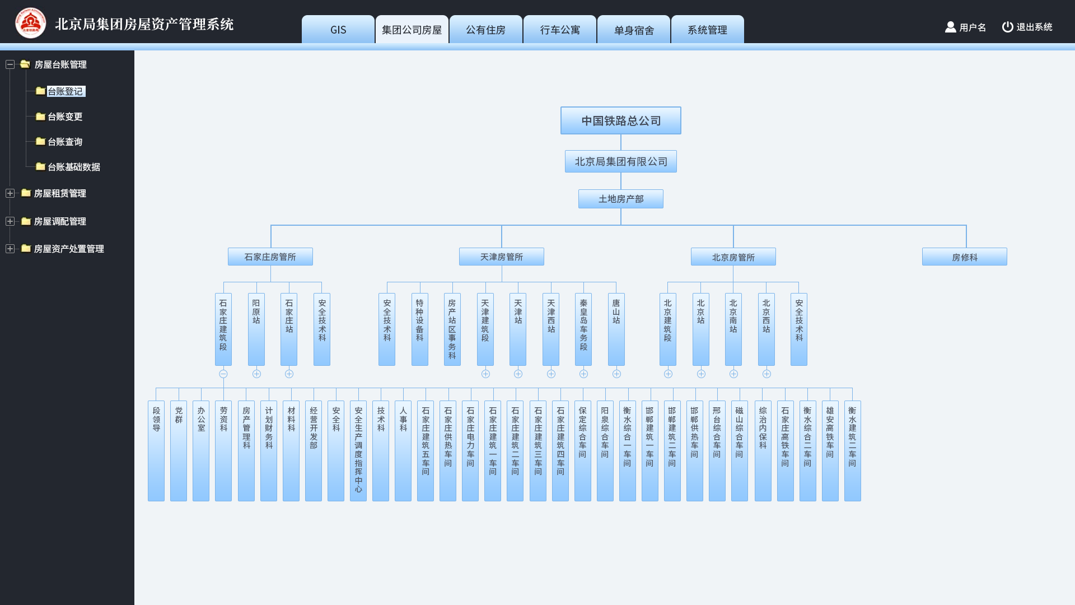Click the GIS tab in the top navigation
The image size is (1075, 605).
pyautogui.click(x=338, y=30)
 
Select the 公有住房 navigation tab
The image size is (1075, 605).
pyautogui.click(x=486, y=30)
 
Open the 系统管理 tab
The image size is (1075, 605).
pyautogui.click(x=708, y=30)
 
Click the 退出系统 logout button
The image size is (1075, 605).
pyautogui.click(x=1027, y=27)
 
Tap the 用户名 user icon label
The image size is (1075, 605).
pyautogui.click(x=965, y=27)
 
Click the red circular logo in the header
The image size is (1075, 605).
pyautogui.click(x=31, y=23)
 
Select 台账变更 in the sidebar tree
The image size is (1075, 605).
pyautogui.click(x=65, y=117)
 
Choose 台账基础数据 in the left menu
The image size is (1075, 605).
pyautogui.click(x=74, y=167)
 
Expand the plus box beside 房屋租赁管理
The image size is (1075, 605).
pyautogui.click(x=10, y=193)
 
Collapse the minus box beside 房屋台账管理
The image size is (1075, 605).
pyautogui.click(x=10, y=64)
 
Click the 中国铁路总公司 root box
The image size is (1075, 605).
pyautogui.click(x=621, y=120)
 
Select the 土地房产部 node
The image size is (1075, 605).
pyautogui.click(x=621, y=199)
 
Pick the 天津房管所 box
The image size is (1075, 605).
pyautogui.click(x=502, y=257)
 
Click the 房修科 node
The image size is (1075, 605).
pyautogui.click(x=965, y=257)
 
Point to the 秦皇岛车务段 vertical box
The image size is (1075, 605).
pyautogui.click(x=583, y=329)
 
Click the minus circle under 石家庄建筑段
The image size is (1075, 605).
pyautogui.click(x=223, y=374)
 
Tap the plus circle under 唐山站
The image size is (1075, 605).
pyautogui.click(x=616, y=374)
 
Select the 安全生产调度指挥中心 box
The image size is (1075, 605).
pyautogui.click(x=358, y=451)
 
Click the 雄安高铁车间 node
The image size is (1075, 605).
pyautogui.click(x=830, y=451)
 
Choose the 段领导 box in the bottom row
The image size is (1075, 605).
pyautogui.click(x=156, y=451)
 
